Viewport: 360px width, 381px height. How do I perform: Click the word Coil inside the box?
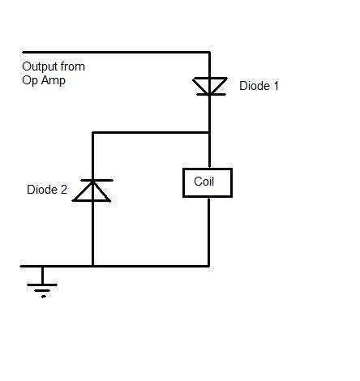coord(204,182)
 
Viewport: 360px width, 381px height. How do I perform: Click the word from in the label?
coord(73,66)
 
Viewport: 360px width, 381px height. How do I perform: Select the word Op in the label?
coord(30,81)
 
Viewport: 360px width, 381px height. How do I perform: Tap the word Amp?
coord(54,81)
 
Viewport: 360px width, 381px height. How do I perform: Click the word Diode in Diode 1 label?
coord(255,86)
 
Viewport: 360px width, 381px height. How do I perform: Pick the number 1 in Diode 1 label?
coord(276,86)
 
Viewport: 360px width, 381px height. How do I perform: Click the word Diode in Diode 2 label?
coord(42,190)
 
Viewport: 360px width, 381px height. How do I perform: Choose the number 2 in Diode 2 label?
coord(64,190)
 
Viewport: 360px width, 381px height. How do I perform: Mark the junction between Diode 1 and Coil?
coord(209,132)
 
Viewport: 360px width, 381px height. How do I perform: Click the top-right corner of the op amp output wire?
coord(209,52)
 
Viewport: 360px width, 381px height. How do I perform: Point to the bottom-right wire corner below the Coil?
coord(209,266)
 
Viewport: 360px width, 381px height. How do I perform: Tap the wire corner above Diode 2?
coord(92,132)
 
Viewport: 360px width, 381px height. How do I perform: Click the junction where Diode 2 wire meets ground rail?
coord(92,266)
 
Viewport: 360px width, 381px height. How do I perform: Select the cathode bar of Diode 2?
coord(96,180)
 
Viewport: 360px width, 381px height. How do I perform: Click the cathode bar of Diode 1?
coord(211,95)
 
